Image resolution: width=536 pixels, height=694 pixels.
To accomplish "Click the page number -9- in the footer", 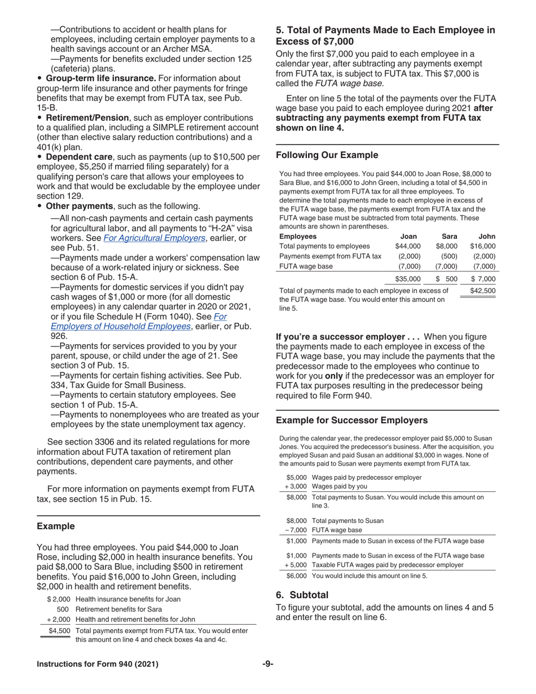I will [x=267, y=664].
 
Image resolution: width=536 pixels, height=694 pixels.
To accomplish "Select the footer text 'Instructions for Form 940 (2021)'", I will [x=98, y=664].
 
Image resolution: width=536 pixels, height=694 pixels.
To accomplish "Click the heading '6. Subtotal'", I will [x=302, y=595].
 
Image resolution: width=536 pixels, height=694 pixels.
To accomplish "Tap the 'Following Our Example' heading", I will [x=327, y=155].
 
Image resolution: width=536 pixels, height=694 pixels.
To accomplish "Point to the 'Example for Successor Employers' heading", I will [x=352, y=420].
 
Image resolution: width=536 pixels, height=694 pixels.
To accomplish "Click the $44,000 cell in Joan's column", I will [x=407, y=246].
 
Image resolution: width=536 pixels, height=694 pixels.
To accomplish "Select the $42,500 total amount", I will [x=482, y=291].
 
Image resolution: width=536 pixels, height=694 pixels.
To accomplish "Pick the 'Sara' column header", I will [x=449, y=236].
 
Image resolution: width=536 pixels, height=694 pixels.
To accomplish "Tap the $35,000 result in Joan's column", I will [x=407, y=279].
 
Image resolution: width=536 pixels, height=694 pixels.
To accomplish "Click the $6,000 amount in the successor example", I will [x=296, y=576].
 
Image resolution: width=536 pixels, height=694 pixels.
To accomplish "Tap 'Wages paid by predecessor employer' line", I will [x=366, y=477].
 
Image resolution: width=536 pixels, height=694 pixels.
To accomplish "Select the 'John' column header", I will [x=486, y=236].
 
